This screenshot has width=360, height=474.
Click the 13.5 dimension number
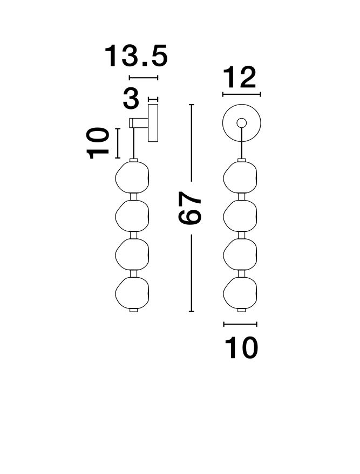(x=137, y=56)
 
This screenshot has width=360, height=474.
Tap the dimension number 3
(x=131, y=99)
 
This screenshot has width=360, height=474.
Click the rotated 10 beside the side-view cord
(x=100, y=143)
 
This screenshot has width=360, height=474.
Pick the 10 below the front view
(x=241, y=348)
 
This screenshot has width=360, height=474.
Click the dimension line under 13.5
(x=144, y=78)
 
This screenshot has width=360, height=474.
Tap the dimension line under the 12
(x=241, y=95)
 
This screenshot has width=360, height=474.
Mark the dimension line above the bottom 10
(x=240, y=324)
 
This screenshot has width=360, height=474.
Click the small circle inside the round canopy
(x=241, y=122)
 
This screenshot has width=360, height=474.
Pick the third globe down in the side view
(x=132, y=255)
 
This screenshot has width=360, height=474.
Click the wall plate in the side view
(x=153, y=123)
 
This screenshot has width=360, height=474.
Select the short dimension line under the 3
(x=153, y=99)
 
